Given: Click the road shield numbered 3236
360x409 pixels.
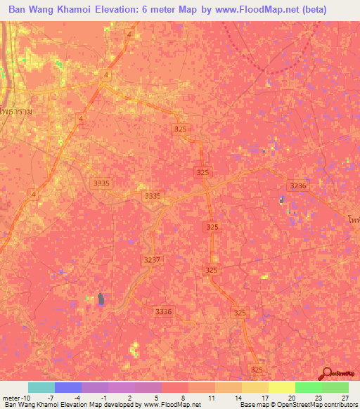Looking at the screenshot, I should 298,185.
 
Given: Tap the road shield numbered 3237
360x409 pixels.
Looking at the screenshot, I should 151,259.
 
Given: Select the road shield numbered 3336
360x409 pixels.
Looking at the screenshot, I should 163,311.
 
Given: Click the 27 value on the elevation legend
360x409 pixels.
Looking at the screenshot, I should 345,397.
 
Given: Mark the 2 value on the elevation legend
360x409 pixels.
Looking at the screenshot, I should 130,397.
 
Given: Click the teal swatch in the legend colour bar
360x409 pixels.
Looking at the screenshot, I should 41,387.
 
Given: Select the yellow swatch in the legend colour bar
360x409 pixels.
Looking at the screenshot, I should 281,387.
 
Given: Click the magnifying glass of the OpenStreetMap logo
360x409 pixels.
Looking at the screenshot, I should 328,375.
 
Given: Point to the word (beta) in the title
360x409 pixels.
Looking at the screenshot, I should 333,11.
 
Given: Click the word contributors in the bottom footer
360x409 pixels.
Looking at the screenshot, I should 342,405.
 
